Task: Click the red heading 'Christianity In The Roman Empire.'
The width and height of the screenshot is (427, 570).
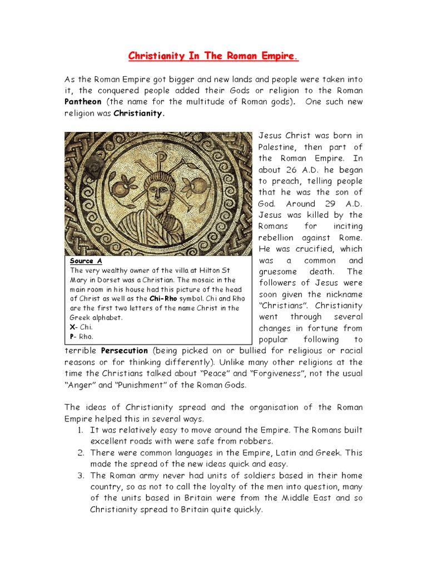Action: pos(213,56)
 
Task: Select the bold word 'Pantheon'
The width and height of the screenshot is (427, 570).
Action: pos(84,101)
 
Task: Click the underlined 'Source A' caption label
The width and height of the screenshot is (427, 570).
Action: pos(86,261)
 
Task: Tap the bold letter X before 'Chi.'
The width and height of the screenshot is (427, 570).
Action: pos(72,327)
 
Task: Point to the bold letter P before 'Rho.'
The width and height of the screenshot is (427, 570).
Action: pos(72,336)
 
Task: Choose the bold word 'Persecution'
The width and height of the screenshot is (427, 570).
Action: pos(125,351)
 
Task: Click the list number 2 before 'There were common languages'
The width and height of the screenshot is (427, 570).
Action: pos(81,453)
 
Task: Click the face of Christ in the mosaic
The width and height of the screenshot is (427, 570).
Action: pos(160,191)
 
